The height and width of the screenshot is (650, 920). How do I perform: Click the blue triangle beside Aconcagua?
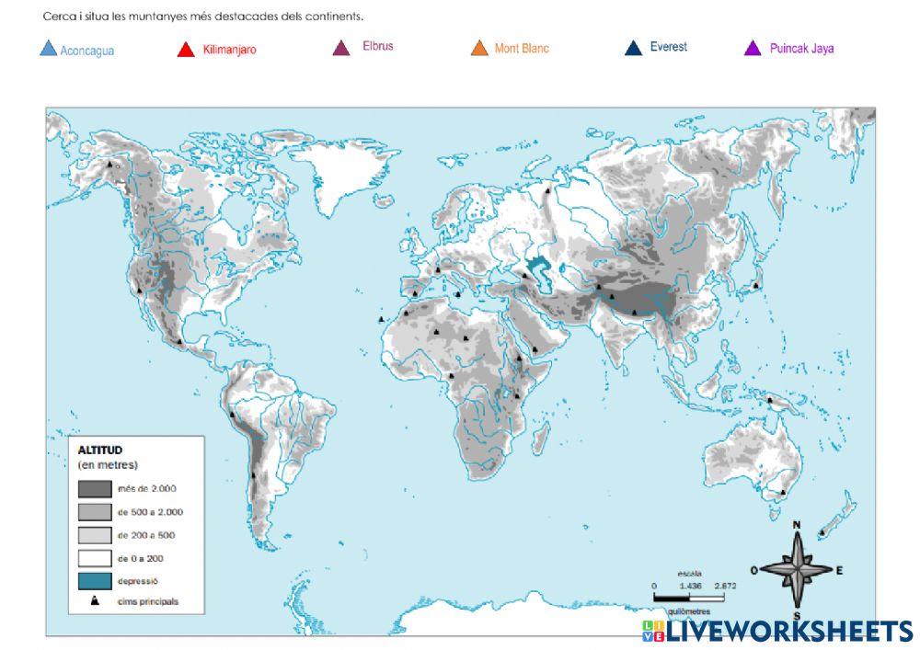point(49,49)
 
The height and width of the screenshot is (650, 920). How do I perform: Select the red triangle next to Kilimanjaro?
point(185,50)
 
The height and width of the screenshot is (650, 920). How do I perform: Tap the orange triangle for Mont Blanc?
point(479,48)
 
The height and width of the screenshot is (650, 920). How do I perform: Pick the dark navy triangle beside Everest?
point(633,48)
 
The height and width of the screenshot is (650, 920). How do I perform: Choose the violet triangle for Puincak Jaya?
point(753,49)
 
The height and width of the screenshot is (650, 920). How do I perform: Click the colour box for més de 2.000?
point(94,489)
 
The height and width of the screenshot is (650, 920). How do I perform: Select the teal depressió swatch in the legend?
point(94,581)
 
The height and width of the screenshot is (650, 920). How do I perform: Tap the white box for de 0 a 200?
point(94,558)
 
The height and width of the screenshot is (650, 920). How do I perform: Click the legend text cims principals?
point(148,602)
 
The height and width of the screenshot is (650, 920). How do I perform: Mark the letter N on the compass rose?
point(797,526)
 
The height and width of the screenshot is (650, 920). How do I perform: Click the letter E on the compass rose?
point(839,570)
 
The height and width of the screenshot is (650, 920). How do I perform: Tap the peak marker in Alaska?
point(110,165)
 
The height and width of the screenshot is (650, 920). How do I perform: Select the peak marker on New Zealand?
point(822,531)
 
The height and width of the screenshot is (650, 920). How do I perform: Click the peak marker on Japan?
point(755,285)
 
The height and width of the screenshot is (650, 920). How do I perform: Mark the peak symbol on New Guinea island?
point(770,400)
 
